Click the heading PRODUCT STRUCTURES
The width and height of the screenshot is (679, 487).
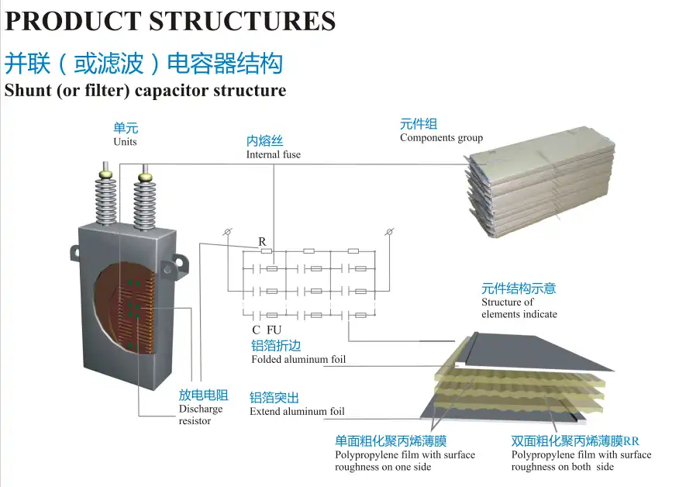tap(170, 20)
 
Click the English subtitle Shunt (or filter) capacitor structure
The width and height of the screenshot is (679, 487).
tap(145, 90)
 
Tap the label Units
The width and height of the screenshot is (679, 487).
tap(125, 142)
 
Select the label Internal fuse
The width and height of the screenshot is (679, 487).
tap(273, 154)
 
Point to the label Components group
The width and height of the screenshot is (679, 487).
tap(441, 138)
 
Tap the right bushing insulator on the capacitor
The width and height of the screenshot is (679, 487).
tap(144, 202)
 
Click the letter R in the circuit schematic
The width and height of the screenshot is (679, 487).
tap(263, 242)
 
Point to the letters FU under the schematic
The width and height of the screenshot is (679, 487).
tap(274, 330)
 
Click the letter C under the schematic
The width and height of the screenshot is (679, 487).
tap(256, 330)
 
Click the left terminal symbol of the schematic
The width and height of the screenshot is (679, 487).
tap(227, 233)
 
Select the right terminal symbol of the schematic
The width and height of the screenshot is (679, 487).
tap(390, 233)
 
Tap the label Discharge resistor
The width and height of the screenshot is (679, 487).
tap(200, 414)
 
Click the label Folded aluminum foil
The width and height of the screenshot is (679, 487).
tap(298, 360)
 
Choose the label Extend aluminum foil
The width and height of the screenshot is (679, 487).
tap(297, 412)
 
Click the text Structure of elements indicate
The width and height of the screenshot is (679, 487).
tap(518, 308)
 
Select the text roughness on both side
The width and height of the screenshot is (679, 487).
tap(562, 467)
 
